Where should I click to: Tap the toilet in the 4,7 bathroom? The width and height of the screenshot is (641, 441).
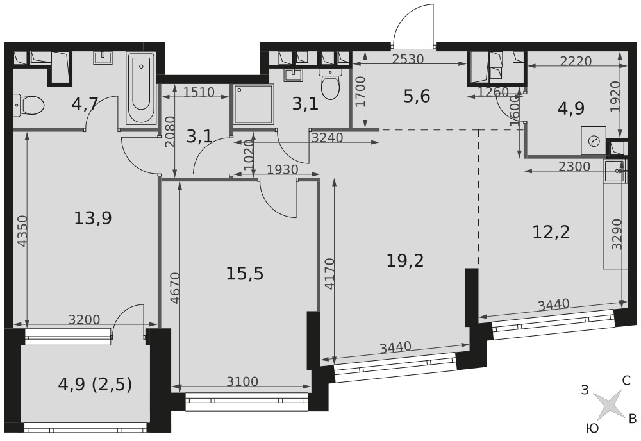pyautogui.click(x=29, y=104)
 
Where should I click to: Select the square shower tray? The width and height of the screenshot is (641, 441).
pyautogui.click(x=253, y=104)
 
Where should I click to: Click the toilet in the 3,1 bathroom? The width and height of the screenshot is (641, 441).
pyautogui.click(x=331, y=83)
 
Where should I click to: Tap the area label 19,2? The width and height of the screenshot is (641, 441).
pyautogui.click(x=405, y=260)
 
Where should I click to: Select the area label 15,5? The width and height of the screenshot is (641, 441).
pyautogui.click(x=245, y=274)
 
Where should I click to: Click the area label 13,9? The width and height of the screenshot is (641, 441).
pyautogui.click(x=93, y=218)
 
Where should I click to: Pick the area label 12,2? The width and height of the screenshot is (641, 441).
pyautogui.click(x=551, y=232)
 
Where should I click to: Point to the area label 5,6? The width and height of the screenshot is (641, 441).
pyautogui.click(x=417, y=96)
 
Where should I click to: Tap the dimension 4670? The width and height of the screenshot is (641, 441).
pyautogui.click(x=174, y=288)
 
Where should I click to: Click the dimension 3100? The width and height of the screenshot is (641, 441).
pyautogui.click(x=243, y=381)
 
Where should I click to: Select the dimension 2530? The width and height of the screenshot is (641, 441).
pyautogui.click(x=408, y=59)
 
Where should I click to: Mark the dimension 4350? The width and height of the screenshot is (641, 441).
pyautogui.click(x=23, y=231)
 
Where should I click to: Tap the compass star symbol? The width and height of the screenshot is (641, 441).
pyautogui.click(x=608, y=407)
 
